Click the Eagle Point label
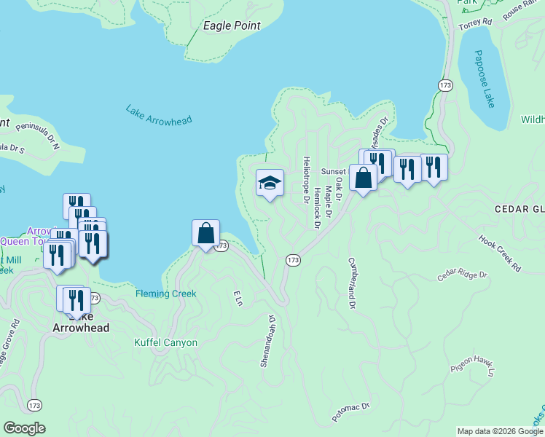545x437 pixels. (x=232, y=25)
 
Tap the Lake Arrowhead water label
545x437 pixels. (x=157, y=115)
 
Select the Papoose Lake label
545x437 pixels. (x=485, y=79)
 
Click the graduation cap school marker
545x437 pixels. (x=270, y=184)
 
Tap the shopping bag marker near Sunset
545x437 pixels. (x=363, y=177)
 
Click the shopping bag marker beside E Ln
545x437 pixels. (x=206, y=233)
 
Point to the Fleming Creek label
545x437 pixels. (x=165, y=294)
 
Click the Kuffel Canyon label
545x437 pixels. (x=166, y=342)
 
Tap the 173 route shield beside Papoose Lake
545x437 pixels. (x=446, y=85)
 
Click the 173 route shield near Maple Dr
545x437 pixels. (x=293, y=260)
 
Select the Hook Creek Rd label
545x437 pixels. (x=500, y=252)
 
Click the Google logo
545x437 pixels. (x=24, y=428)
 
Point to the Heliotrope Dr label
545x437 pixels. (x=307, y=179)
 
